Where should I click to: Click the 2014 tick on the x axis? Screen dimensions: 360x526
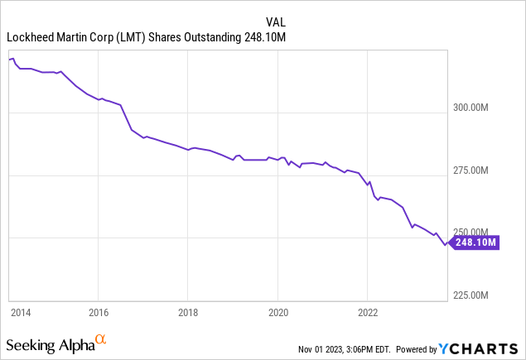click(21, 313)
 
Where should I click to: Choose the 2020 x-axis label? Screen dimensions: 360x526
click(277, 313)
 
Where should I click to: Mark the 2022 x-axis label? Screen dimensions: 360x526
click(367, 313)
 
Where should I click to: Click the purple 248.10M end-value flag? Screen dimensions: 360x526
click(475, 242)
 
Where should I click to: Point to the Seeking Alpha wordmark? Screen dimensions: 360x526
click(49, 343)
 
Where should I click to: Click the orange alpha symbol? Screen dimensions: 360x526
click(100, 339)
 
